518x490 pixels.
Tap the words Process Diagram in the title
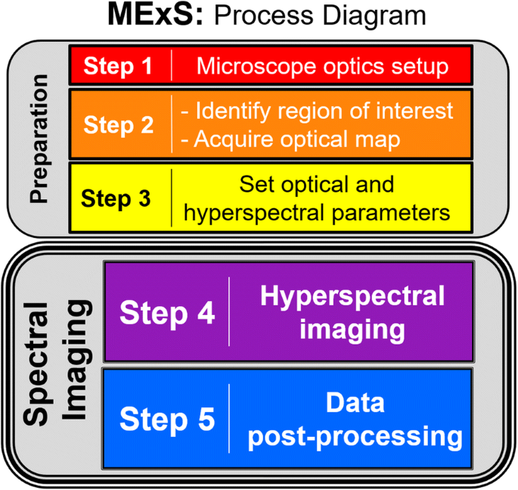pyautogui.click(x=325, y=17)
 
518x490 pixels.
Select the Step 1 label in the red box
pyautogui.click(x=118, y=66)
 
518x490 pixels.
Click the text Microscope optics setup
pyautogui.click(x=322, y=66)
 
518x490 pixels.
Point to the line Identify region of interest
pyautogui.click(x=318, y=111)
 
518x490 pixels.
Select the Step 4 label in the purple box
pyautogui.click(x=167, y=314)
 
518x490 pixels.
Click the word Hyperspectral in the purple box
pyautogui.click(x=352, y=296)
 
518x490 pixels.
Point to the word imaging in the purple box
pyautogui.click(x=352, y=329)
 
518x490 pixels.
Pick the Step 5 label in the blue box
pyautogui.click(x=167, y=419)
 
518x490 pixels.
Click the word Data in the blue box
pyautogui.click(x=355, y=403)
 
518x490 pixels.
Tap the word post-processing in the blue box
pyautogui.click(x=355, y=436)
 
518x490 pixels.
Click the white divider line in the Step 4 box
pyautogui.click(x=229, y=312)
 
